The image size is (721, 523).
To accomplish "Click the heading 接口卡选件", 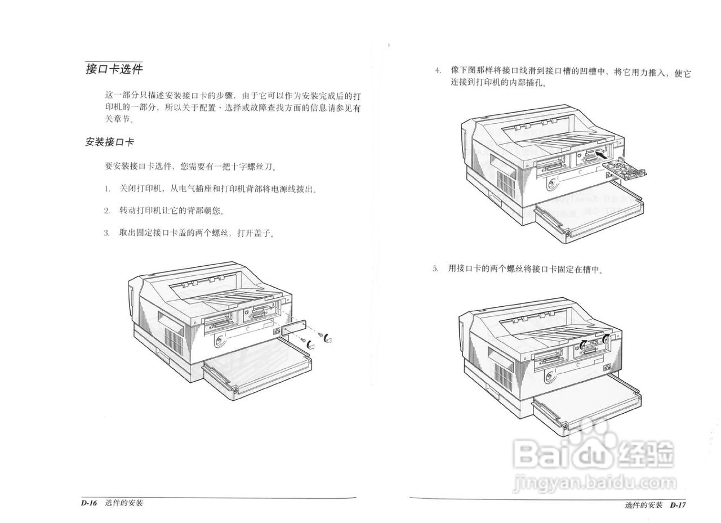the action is tap(114, 69).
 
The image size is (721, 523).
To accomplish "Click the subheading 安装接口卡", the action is tap(109, 142).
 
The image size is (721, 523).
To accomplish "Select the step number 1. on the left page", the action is tap(106, 189).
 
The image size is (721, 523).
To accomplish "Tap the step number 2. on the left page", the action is tap(106, 211).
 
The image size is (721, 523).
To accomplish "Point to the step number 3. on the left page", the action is tap(106, 233).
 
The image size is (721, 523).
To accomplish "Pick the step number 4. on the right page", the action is tap(437, 72).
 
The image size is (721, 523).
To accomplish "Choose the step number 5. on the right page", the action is tap(435, 269).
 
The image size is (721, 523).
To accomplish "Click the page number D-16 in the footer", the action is tap(90, 503).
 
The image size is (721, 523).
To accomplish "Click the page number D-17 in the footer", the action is tap(678, 504).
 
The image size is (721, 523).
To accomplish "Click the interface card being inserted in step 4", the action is tap(624, 168).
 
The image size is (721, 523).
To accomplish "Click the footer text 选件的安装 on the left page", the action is tap(124, 503).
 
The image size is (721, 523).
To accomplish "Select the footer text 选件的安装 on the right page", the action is tap(644, 504).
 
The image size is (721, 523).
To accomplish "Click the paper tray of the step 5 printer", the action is tap(586, 403).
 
